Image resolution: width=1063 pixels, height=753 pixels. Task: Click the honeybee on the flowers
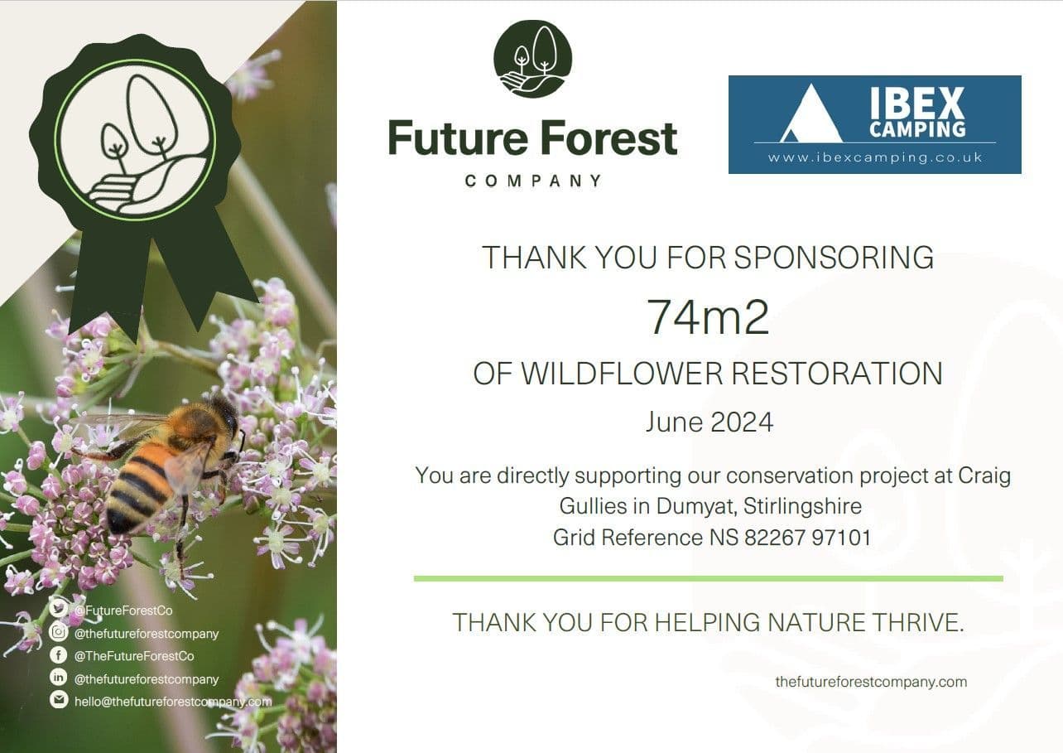(170, 464)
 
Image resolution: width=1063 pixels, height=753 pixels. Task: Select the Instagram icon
(58, 633)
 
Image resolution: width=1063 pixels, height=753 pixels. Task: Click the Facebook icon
(58, 655)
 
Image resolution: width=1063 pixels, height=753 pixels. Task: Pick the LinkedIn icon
(58, 678)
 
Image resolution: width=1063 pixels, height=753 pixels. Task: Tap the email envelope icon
(58, 701)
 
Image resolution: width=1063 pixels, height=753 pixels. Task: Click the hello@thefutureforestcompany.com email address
(173, 702)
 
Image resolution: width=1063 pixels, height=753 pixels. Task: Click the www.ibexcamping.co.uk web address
(874, 157)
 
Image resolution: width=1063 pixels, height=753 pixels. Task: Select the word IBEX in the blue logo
(916, 104)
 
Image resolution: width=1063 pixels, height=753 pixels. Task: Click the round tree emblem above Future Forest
(532, 59)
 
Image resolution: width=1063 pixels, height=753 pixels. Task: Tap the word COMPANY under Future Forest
(533, 181)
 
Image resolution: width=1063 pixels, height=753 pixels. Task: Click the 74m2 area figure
(708, 316)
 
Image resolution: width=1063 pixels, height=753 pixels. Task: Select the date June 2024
(709, 422)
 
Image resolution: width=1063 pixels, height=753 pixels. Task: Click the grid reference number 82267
(774, 538)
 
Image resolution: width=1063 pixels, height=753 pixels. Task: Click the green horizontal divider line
(708, 578)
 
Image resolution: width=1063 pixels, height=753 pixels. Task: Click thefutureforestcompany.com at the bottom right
(870, 682)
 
